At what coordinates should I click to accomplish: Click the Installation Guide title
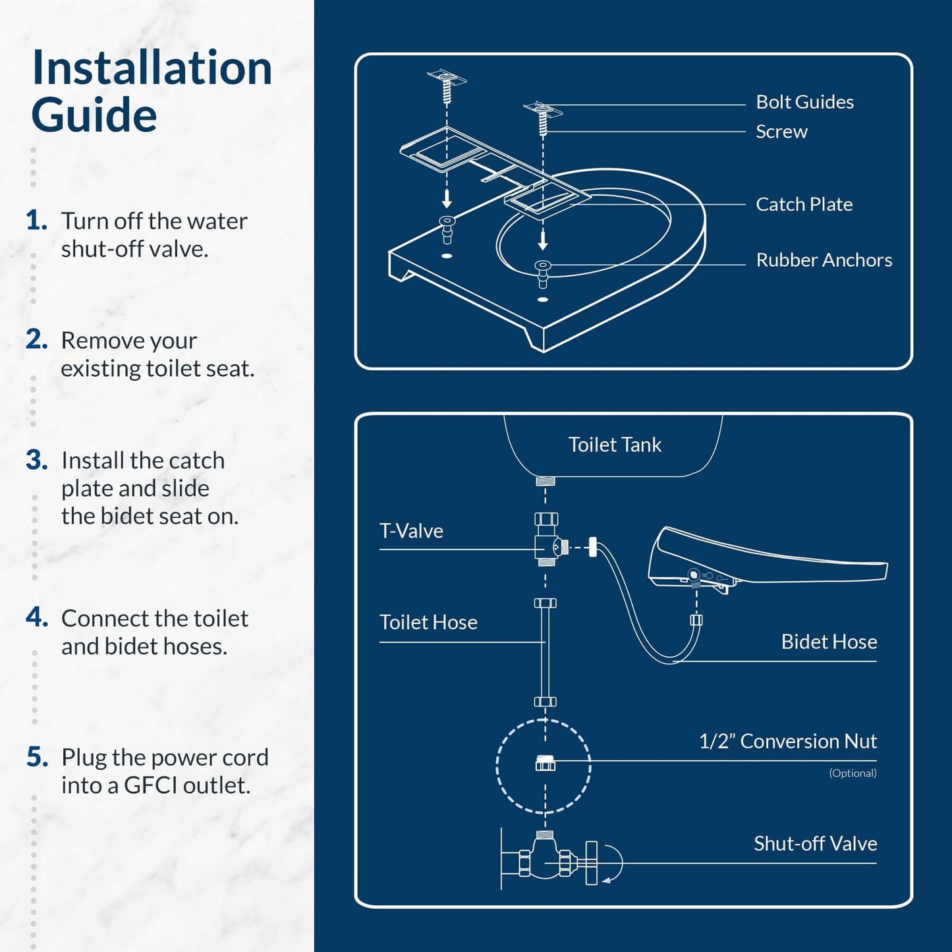tap(152, 91)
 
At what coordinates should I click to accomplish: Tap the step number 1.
tap(36, 221)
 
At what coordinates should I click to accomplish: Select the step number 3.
tap(36, 461)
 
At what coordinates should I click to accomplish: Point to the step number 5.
tap(37, 758)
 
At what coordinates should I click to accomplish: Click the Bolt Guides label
tap(804, 102)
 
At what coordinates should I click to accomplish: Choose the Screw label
tap(781, 132)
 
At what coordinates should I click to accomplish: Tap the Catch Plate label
tap(804, 204)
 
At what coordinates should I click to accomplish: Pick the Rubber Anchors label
tap(824, 260)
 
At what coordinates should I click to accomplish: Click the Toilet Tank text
tap(615, 445)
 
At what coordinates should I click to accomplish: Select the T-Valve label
tap(411, 531)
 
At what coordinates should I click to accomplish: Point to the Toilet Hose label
tap(428, 623)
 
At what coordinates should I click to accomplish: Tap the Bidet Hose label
tap(829, 642)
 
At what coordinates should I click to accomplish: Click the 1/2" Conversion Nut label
tap(787, 741)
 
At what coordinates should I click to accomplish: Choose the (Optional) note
tap(853, 773)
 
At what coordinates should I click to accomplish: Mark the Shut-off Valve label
tap(815, 844)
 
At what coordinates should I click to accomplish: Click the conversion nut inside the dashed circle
tap(545, 764)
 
